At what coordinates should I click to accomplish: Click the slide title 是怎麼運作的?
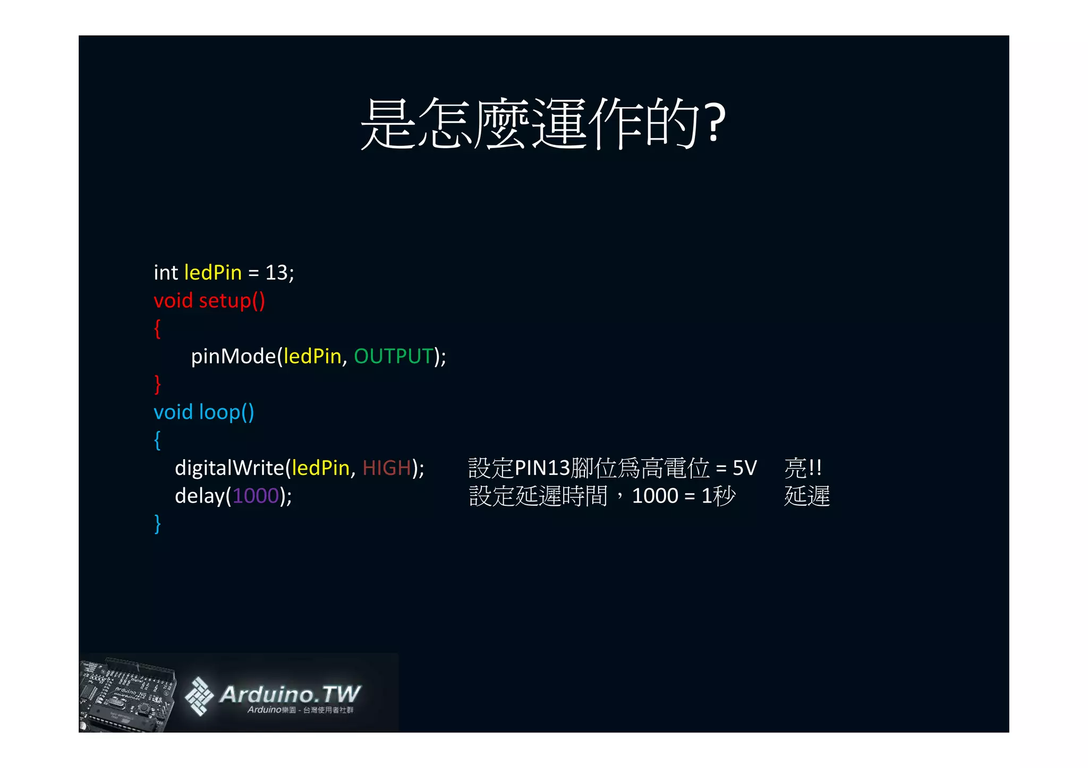543,123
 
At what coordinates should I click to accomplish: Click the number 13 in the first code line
276,273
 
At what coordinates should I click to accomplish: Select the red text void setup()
209,301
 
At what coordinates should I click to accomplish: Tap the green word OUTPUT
393,356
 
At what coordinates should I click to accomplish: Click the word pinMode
233,357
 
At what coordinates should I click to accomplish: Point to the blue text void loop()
203,412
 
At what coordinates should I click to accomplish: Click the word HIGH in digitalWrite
386,468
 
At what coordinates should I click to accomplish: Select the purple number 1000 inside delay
256,496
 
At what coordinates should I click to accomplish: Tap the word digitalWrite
229,468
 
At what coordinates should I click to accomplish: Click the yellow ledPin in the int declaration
212,273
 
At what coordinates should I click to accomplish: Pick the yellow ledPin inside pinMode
312,356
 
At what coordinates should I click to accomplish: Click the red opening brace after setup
157,329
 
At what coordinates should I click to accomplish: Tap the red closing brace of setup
157,384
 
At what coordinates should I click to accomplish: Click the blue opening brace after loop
157,440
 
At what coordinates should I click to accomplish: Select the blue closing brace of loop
157,524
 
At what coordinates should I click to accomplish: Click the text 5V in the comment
744,468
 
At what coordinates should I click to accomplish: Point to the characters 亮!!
803,468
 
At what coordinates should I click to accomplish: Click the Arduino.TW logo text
290,694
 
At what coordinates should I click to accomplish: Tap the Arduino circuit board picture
127,694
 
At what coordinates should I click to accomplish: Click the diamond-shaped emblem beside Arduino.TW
199,696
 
